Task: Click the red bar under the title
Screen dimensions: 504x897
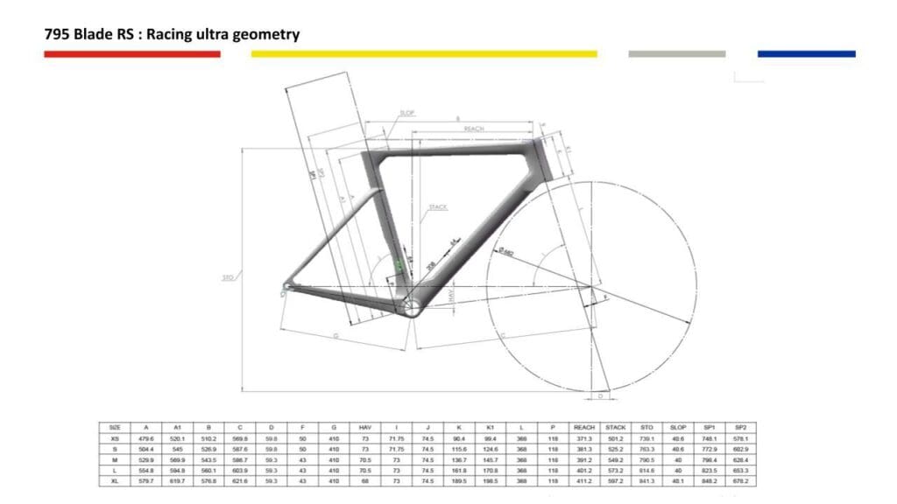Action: [x=131, y=54]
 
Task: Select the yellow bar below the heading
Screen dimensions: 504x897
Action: [x=424, y=54]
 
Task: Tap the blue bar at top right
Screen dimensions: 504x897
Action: [x=806, y=54]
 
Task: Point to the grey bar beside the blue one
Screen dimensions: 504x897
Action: [x=676, y=54]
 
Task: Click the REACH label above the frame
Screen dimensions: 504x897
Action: [x=474, y=129]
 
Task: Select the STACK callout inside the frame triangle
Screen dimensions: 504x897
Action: [x=438, y=207]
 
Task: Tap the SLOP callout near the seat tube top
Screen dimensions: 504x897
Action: [x=406, y=114]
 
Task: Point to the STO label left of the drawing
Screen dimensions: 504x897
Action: [x=227, y=278]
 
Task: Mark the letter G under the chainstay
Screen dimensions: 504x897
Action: [x=335, y=335]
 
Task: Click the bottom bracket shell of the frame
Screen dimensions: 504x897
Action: [x=413, y=306]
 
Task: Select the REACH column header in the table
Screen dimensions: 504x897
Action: [x=583, y=426]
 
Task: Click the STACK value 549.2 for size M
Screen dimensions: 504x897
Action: [x=615, y=459]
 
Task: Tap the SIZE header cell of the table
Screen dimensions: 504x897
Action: [x=115, y=426]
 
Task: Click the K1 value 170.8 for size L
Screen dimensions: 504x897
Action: [x=491, y=470]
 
